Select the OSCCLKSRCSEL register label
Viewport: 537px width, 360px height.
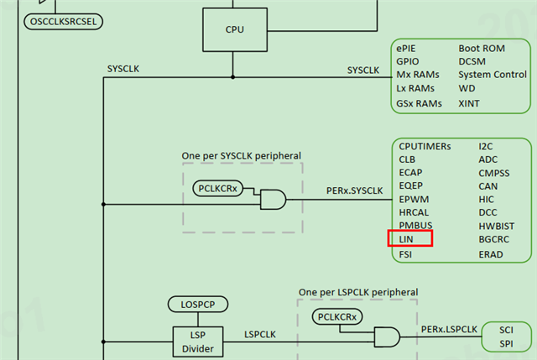tap(64, 22)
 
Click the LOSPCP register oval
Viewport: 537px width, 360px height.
tap(198, 305)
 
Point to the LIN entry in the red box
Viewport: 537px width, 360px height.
tap(406, 239)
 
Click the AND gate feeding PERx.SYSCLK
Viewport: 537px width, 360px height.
tap(273, 200)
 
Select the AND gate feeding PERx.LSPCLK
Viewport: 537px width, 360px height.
tap(387, 337)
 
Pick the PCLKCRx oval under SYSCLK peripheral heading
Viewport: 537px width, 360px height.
tap(218, 189)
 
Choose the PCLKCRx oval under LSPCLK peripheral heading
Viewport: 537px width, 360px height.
tap(337, 317)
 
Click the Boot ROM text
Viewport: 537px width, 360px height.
tap(482, 49)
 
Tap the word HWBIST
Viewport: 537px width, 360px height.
tap(496, 226)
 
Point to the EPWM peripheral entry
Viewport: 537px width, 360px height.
tap(414, 200)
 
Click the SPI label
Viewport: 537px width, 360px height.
tap(506, 343)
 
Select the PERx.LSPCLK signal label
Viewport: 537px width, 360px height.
tap(449, 329)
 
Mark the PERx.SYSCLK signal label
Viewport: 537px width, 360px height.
tap(354, 190)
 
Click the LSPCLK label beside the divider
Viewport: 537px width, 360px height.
tap(260, 334)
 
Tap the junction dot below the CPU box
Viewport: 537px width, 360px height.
tap(233, 77)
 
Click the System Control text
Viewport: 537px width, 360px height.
tap(493, 75)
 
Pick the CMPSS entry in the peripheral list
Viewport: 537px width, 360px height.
tap(494, 173)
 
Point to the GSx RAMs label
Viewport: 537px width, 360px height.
tap(419, 103)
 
